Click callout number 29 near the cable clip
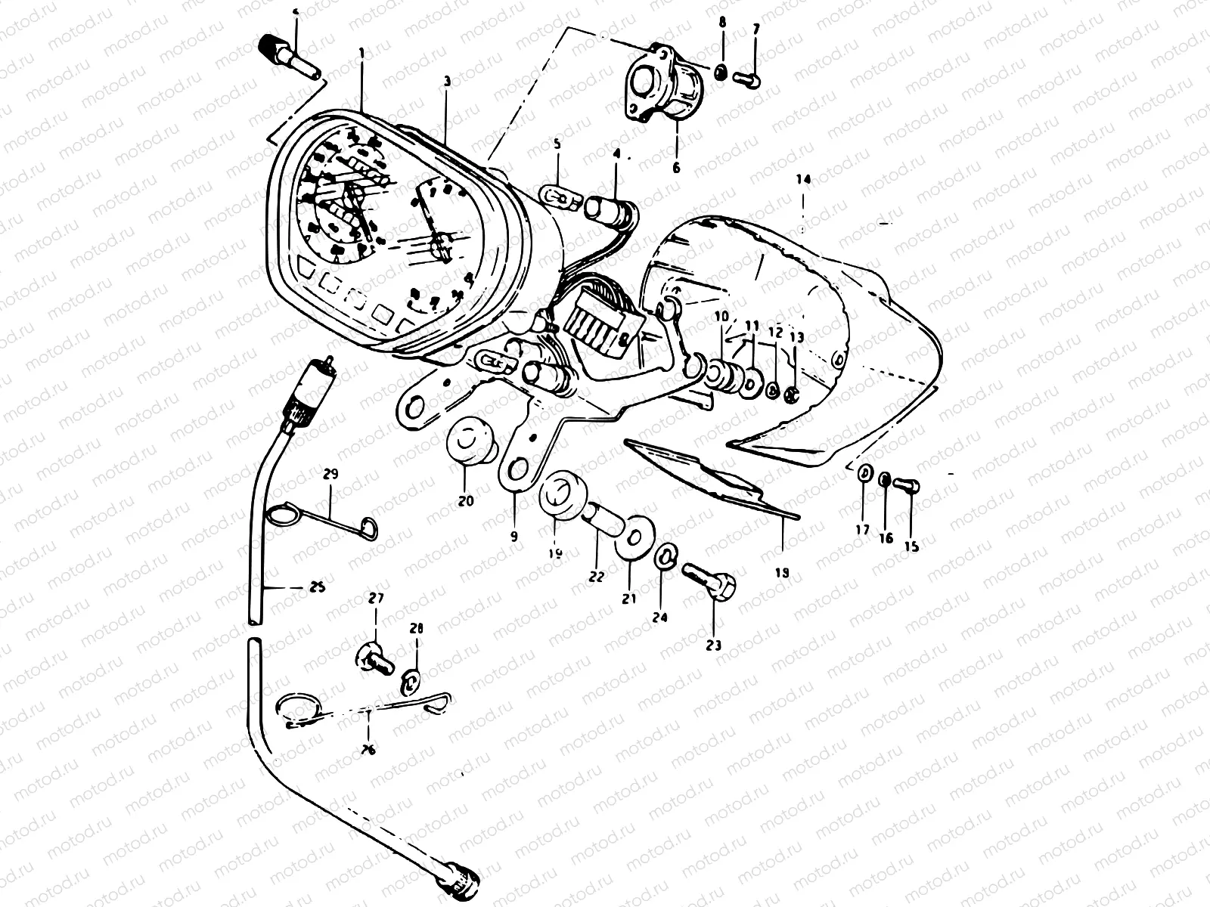click(x=330, y=475)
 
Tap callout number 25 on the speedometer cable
click(x=318, y=587)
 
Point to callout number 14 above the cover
click(x=802, y=179)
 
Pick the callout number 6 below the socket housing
click(x=676, y=168)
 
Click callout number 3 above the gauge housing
click(x=447, y=79)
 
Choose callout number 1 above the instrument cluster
click(x=361, y=52)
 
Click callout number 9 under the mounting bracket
click(x=513, y=537)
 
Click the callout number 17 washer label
click(x=863, y=531)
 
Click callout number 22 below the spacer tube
click(x=596, y=577)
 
